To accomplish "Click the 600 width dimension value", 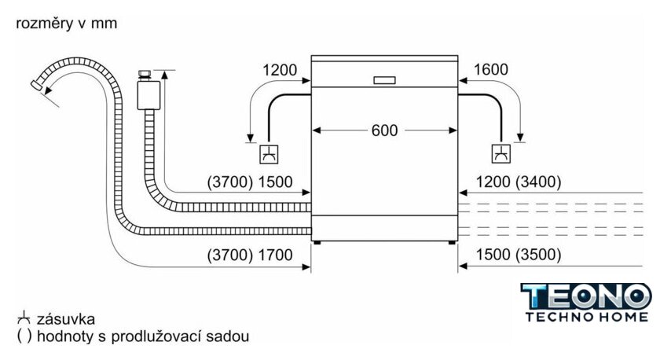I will pos(384,130).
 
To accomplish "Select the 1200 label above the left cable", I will pos(280,70).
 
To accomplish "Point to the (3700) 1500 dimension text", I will pos(249,182).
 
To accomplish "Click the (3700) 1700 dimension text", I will pos(249,255).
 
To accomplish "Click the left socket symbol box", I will pos(269,154).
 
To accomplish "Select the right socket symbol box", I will pos(500,154).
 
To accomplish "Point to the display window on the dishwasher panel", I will pos(384,80).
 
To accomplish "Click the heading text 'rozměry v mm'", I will pos(66,24).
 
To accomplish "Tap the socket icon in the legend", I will pos(24,318).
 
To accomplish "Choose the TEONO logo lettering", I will pos(586,297).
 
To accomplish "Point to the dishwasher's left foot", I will pos(317,244).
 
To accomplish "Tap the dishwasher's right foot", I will pos(452,244).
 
